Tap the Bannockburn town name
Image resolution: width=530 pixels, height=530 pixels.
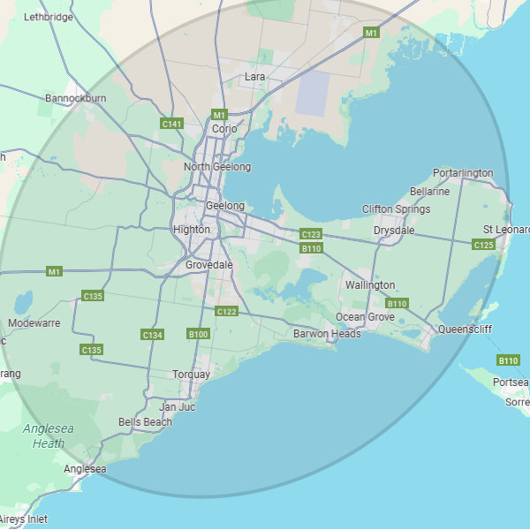coord(76,98)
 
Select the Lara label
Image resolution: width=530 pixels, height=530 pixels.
coord(254,78)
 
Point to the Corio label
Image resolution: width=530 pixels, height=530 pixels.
coord(224,129)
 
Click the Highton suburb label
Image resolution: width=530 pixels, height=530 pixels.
coord(192,230)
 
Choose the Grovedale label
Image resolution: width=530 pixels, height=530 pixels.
coord(209,264)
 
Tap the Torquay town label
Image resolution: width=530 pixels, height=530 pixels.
coord(192,375)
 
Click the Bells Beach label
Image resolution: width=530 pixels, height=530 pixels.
coord(145,422)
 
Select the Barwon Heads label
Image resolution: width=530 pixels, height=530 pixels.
coord(327,334)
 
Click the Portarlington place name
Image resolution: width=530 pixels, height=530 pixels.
coord(463,173)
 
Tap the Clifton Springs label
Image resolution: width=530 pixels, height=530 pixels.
coord(397,209)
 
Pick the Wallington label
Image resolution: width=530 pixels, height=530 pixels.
coord(370,285)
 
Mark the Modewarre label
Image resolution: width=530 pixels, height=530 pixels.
coord(34,323)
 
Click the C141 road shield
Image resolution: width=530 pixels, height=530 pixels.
coord(171,124)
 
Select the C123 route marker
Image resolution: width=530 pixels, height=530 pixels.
coord(311,234)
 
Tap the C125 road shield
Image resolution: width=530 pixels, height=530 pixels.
coord(483,245)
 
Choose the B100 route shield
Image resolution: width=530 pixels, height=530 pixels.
coord(198,334)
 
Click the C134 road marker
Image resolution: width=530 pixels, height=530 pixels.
coord(152,335)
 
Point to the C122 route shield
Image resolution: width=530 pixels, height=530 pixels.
coord(226,311)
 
